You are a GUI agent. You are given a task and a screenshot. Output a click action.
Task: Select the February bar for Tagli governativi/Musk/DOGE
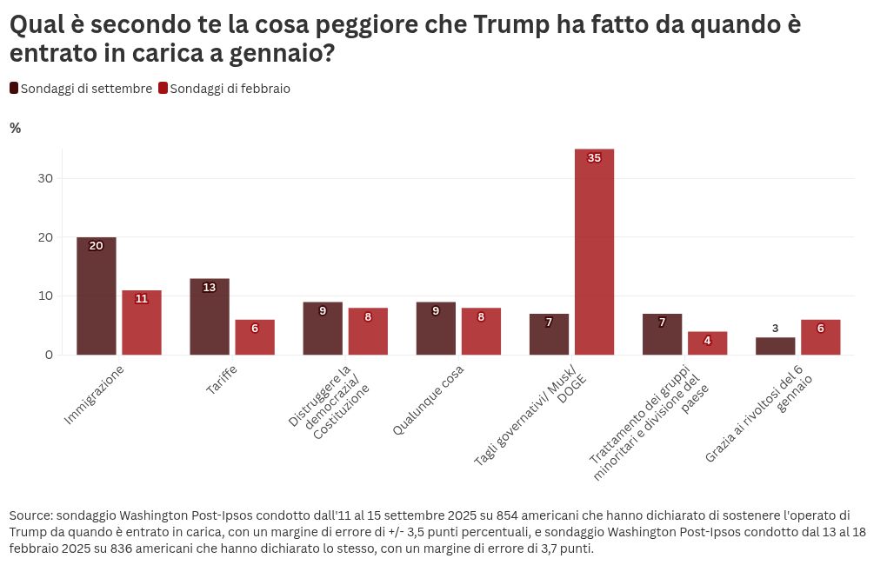coord(594,252)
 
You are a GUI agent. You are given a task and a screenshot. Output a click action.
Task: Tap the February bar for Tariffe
coord(255,337)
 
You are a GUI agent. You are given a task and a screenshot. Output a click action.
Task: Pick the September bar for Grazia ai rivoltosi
coord(775,346)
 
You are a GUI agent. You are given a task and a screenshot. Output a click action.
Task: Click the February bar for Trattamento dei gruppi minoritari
coord(707,343)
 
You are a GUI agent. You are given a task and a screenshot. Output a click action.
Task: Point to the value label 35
coord(594,158)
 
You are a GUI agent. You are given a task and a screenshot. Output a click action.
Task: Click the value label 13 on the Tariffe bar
coord(210,288)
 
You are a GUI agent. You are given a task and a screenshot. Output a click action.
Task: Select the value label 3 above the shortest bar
coord(775,329)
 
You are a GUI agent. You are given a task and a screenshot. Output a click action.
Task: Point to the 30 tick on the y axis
coord(45,178)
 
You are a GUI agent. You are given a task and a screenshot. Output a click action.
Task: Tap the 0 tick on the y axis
coord(49,355)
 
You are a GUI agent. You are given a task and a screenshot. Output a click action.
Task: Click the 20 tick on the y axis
coord(45,237)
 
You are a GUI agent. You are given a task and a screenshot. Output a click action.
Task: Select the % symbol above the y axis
coord(15,129)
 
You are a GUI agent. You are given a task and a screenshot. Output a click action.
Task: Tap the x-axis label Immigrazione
coord(94,395)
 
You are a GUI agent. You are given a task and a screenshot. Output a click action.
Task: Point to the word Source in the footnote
coord(30,515)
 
